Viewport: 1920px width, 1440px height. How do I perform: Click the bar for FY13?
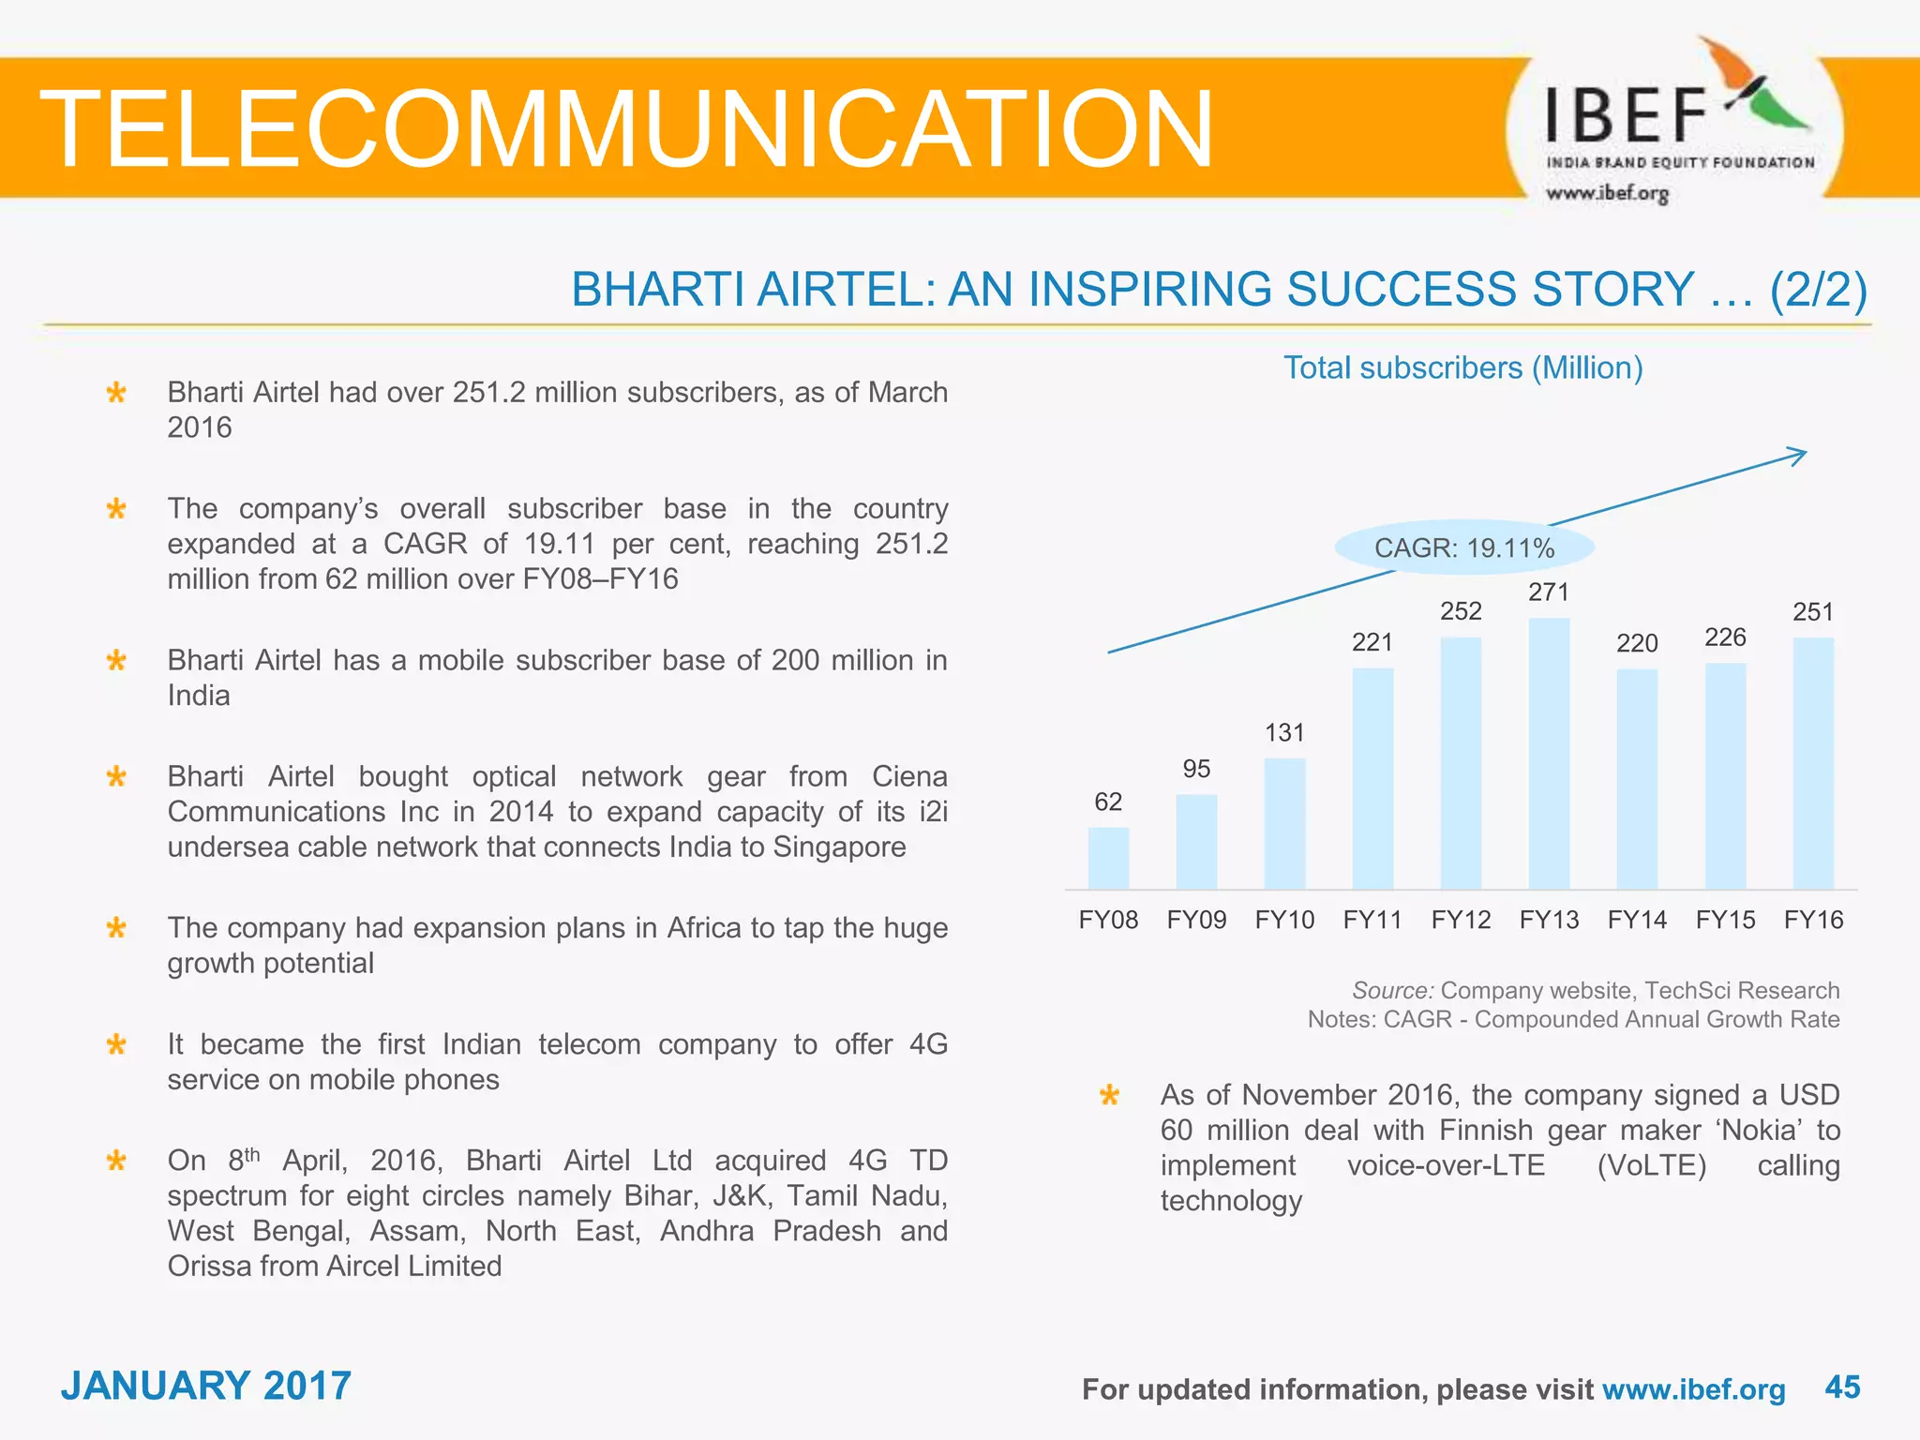click(1549, 754)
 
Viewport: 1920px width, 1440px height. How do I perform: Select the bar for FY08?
click(1108, 858)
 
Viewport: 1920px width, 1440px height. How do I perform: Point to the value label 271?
click(1549, 592)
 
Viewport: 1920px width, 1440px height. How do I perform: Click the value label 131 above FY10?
click(1284, 733)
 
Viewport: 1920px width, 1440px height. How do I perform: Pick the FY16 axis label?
click(1813, 920)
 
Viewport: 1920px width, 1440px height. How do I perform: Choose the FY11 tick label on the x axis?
click(1372, 920)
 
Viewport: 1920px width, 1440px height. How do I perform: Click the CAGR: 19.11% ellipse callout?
click(1464, 547)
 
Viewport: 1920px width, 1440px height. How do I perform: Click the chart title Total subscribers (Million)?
click(1462, 367)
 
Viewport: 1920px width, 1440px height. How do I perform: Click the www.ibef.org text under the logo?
click(1607, 193)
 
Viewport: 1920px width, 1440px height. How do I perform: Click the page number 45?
click(1842, 1387)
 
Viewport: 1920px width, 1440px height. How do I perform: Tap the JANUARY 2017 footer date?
click(206, 1386)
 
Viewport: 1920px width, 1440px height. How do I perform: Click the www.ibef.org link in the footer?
click(1693, 1389)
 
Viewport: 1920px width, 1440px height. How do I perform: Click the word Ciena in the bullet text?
click(909, 776)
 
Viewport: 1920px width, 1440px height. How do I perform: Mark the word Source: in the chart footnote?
click(1392, 991)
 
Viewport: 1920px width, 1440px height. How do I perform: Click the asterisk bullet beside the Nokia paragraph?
click(1110, 1095)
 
